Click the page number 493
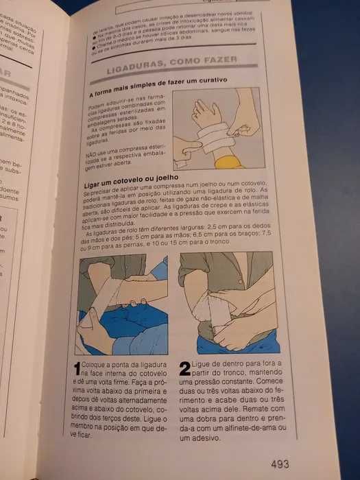tap(283, 463)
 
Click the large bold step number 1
tap(77, 370)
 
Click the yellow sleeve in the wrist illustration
tap(228, 163)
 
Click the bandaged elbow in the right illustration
tap(206, 309)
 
